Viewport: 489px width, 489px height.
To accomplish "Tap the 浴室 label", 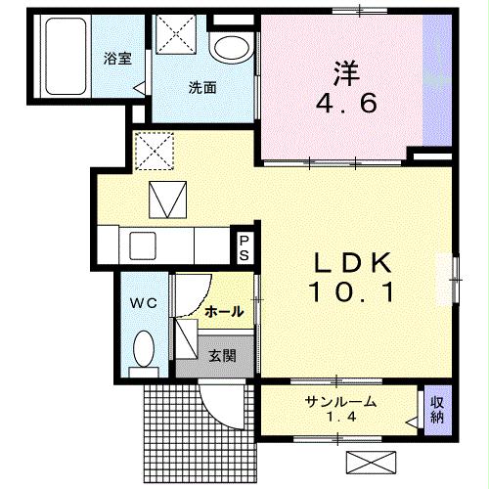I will click(117, 59).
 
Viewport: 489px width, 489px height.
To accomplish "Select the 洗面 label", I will click(202, 86).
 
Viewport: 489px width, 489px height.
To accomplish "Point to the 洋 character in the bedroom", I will click(344, 72).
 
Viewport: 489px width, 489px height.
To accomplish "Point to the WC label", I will click(143, 303).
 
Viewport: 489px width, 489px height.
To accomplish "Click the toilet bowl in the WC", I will click(144, 349).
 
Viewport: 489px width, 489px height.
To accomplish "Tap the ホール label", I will click(224, 311).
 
